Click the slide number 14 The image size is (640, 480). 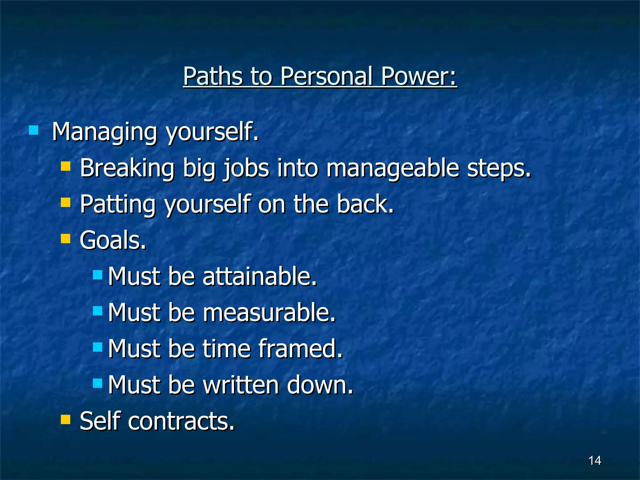click(594, 460)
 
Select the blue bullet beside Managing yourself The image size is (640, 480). click(33, 130)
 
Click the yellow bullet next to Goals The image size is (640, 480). click(65, 239)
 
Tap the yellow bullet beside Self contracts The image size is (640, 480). click(65, 419)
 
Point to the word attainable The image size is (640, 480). click(259, 277)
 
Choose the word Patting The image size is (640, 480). click(117, 204)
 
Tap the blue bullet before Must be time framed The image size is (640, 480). click(98, 347)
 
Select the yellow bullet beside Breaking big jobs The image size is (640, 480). click(65, 166)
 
